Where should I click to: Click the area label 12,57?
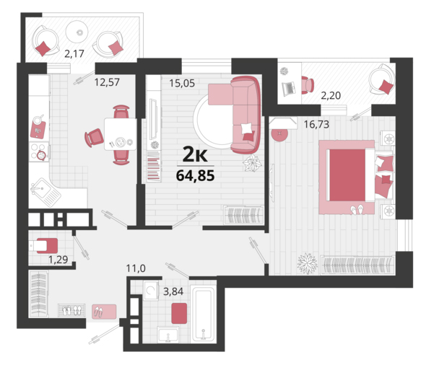(107, 82)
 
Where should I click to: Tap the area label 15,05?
(182, 83)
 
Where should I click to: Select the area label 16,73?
(316, 124)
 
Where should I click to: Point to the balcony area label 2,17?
(74, 53)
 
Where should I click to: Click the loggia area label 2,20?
(331, 95)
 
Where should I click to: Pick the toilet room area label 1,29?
(58, 260)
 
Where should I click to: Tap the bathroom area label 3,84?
(173, 291)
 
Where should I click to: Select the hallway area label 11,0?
(136, 268)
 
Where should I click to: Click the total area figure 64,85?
(196, 175)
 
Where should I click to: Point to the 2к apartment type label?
(195, 154)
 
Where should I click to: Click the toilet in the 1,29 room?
(43, 246)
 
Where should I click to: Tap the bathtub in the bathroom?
(203, 314)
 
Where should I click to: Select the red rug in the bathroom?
(179, 314)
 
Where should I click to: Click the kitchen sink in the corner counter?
(45, 192)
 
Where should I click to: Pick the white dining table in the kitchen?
(121, 134)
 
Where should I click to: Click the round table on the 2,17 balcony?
(77, 32)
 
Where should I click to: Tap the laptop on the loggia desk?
(289, 88)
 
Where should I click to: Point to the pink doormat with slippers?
(104, 312)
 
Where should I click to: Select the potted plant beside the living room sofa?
(252, 164)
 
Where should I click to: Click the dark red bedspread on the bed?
(347, 175)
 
